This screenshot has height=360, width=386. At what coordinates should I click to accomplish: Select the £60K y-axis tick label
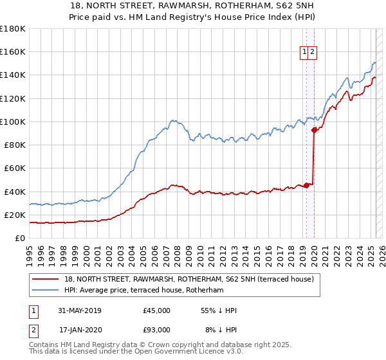14,168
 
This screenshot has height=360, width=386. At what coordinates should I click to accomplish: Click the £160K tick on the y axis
12,51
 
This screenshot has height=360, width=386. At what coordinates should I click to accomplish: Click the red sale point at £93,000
314,130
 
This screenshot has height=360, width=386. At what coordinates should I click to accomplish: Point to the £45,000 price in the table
157,310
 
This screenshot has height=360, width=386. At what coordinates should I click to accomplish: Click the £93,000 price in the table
157,330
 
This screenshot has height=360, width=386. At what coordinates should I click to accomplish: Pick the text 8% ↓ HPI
221,330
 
